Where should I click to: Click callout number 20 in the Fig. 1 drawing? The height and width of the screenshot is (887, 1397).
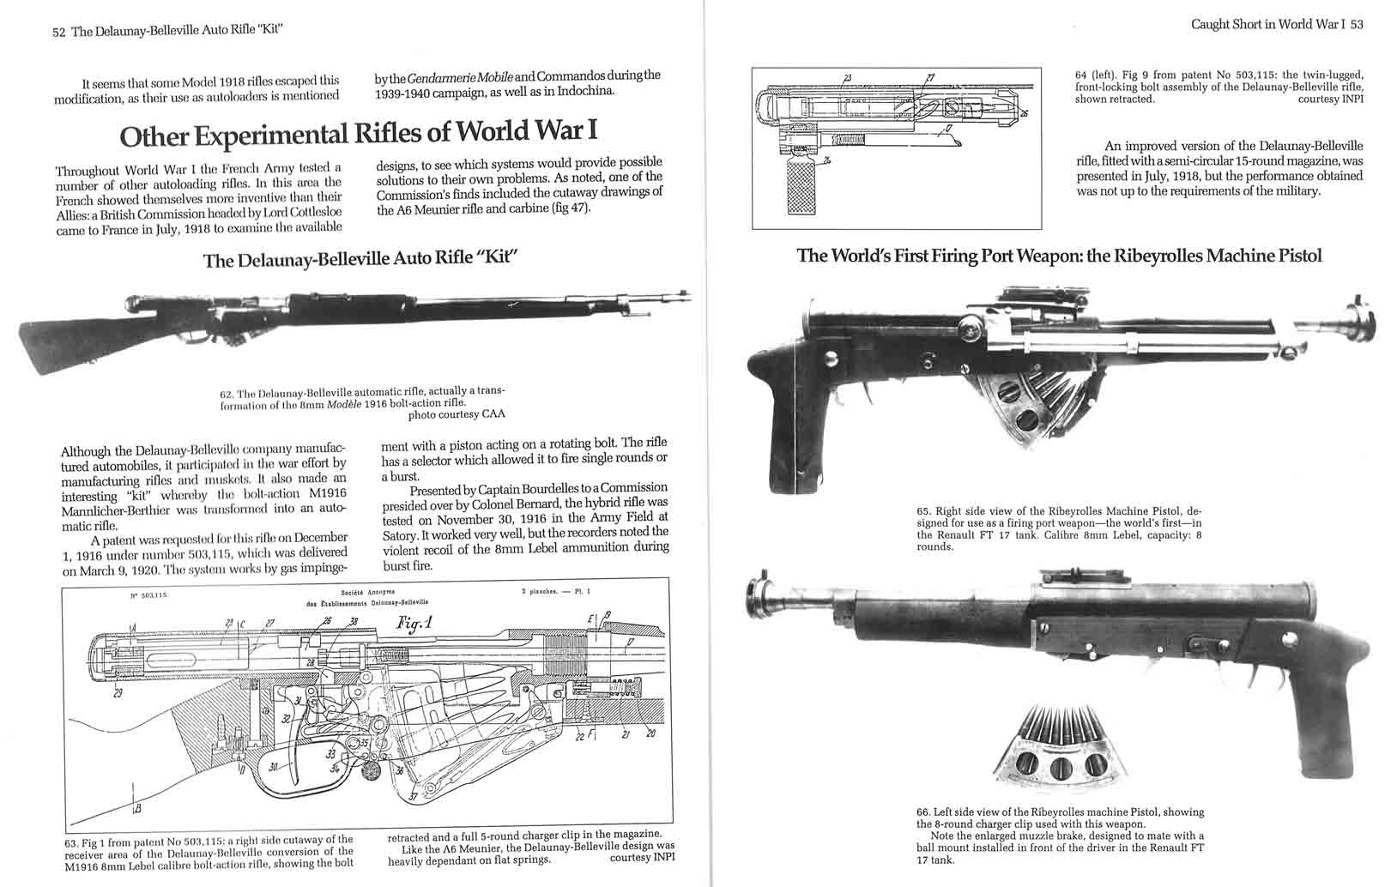pos(651,733)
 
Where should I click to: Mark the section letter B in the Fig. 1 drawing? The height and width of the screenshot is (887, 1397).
pos(136,806)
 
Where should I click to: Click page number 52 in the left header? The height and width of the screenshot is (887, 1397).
pos(59,31)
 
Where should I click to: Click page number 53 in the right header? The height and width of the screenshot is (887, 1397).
pos(1357,24)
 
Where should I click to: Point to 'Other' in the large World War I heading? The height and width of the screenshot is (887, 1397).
pos(154,136)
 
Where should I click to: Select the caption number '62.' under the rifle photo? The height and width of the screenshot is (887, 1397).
pos(227,392)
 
